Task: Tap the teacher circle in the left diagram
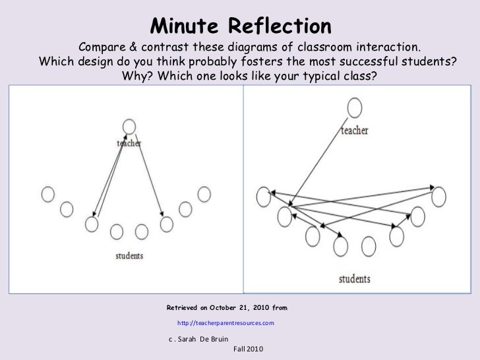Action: point(129,126)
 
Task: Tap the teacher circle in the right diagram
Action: point(355,107)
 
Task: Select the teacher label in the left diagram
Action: point(129,142)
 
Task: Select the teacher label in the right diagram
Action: point(355,131)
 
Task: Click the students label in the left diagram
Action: point(129,255)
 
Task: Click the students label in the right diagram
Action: point(355,278)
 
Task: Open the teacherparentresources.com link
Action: point(225,323)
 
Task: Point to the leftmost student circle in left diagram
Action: point(47,194)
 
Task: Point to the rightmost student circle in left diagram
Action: point(204,194)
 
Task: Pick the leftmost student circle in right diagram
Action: point(263,195)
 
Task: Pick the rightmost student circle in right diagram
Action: point(438,196)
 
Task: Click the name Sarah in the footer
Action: point(193,339)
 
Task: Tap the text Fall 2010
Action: point(248,348)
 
